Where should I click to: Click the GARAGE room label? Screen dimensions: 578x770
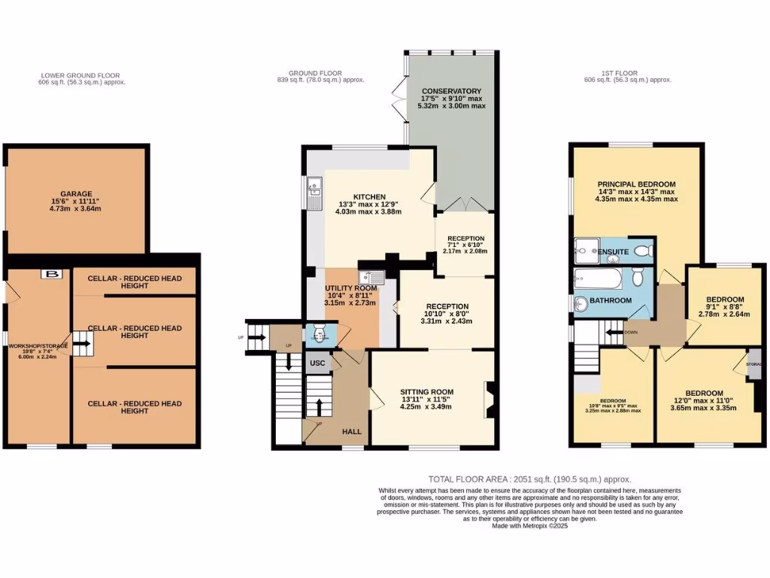(x=75, y=193)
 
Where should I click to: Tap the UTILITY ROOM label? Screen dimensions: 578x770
(x=350, y=288)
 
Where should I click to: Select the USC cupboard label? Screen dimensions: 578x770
(x=317, y=364)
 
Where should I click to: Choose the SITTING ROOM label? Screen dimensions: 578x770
(x=426, y=391)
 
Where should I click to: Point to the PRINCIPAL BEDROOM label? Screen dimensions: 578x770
(x=636, y=184)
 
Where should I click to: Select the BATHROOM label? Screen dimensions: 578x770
(x=611, y=300)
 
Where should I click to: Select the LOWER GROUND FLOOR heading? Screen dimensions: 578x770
(x=80, y=75)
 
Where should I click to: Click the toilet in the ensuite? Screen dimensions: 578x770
(x=642, y=251)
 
